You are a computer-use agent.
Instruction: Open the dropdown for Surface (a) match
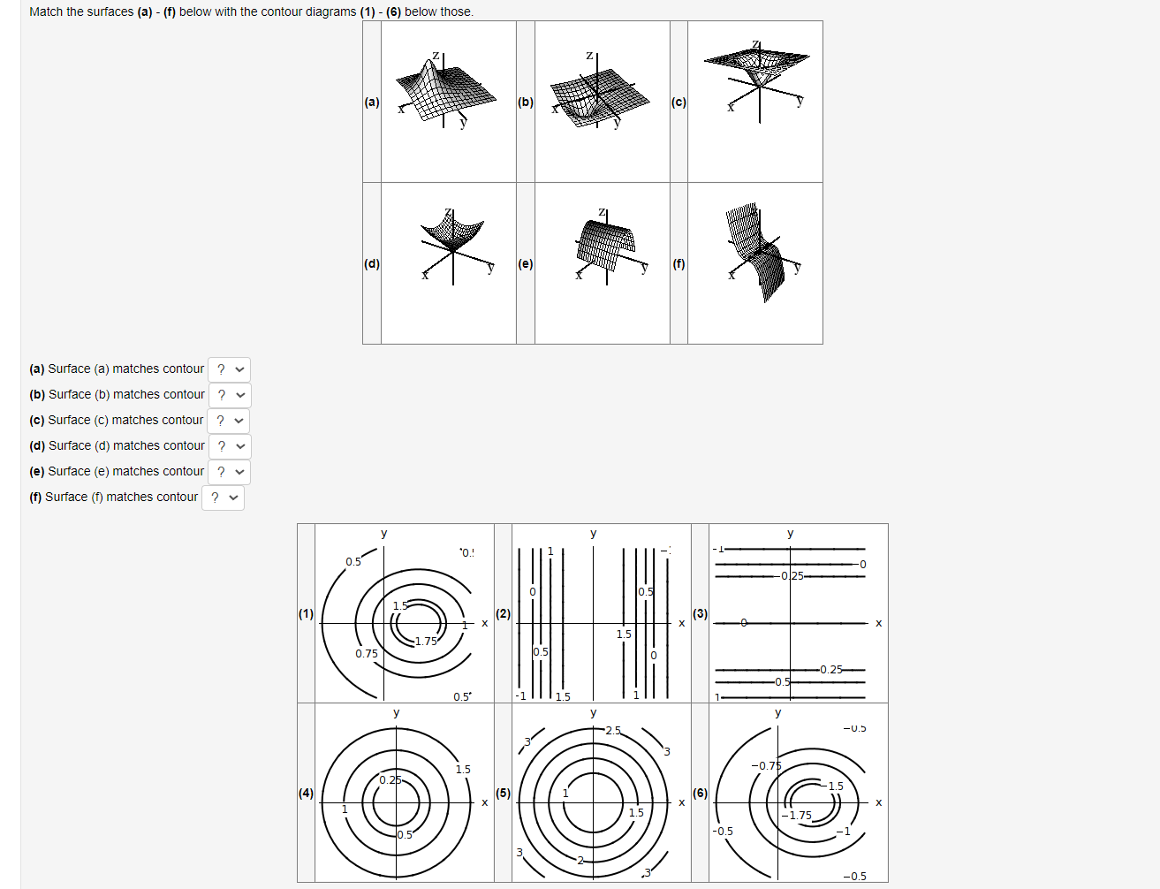pyautogui.click(x=230, y=369)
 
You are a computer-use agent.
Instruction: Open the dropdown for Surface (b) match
pyautogui.click(x=230, y=395)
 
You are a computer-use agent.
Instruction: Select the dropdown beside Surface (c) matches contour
pyautogui.click(x=229, y=421)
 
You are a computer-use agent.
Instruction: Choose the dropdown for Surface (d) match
pyautogui.click(x=230, y=446)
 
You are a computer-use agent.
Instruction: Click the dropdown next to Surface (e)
pyautogui.click(x=230, y=472)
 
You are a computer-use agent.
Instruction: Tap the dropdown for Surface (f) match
pyautogui.click(x=224, y=498)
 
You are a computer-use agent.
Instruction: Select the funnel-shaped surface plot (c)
pyautogui.click(x=756, y=75)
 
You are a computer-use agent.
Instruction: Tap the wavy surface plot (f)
pyautogui.click(x=755, y=252)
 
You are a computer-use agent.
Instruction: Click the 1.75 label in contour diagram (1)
pyautogui.click(x=426, y=642)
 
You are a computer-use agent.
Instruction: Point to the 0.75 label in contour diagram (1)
pyautogui.click(x=367, y=654)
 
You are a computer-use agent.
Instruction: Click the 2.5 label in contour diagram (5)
pyautogui.click(x=613, y=731)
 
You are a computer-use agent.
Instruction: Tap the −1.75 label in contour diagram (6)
pyautogui.click(x=800, y=816)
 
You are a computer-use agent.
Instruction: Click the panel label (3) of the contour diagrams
pyautogui.click(x=700, y=613)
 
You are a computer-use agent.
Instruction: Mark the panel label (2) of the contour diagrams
pyautogui.click(x=503, y=613)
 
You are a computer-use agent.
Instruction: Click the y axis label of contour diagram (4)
pyautogui.click(x=396, y=712)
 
